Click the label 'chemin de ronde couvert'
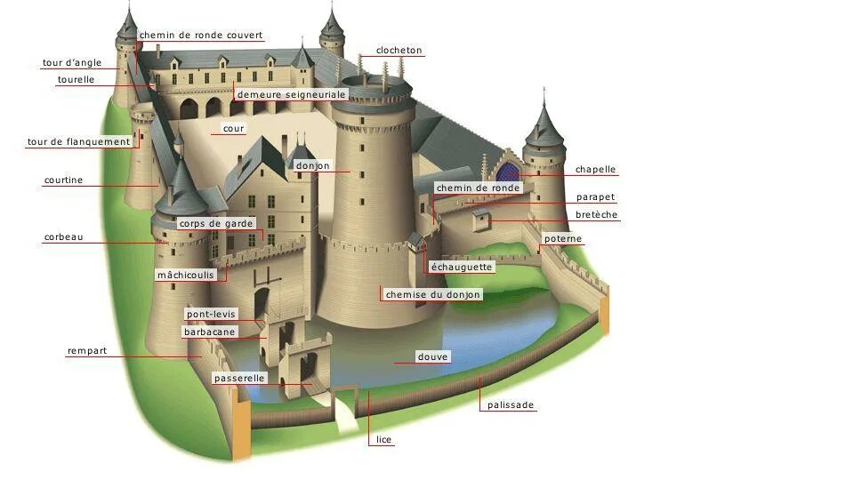[x=201, y=36]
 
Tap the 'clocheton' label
[x=399, y=51]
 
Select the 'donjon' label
[x=312, y=166]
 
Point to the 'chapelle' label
[x=595, y=170]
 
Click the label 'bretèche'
[x=596, y=215]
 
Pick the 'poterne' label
[x=563, y=238]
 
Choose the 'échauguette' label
[x=461, y=267]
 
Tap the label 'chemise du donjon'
[x=432, y=294]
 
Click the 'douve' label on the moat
[x=433, y=356]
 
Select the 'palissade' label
[x=511, y=405]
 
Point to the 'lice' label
[x=383, y=440]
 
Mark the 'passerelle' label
[x=239, y=379]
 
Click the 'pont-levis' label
[x=211, y=314]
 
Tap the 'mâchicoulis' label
[x=186, y=275]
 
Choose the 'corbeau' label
[x=63, y=237]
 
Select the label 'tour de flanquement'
[x=79, y=142]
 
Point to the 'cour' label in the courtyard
[x=233, y=129]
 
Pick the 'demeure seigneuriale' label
[x=291, y=94]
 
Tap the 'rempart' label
[x=87, y=351]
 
